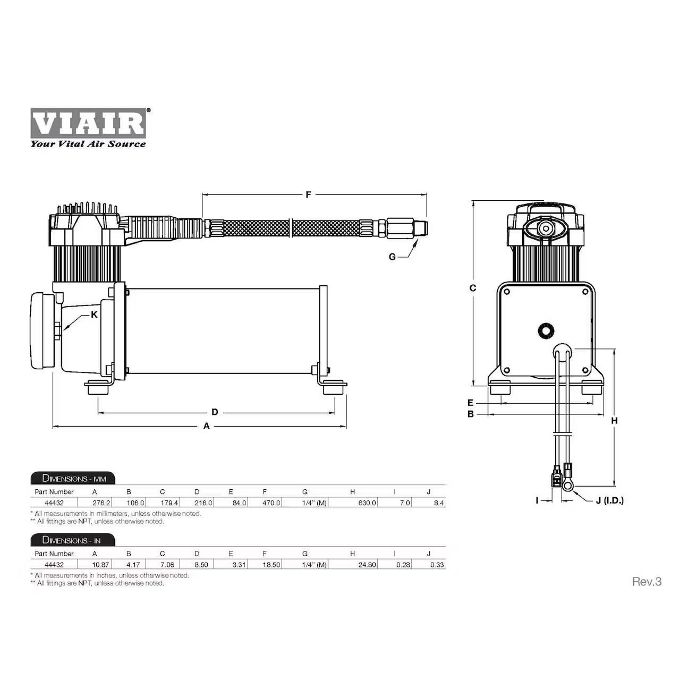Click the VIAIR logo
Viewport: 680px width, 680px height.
(x=88, y=123)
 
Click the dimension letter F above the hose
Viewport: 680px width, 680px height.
(x=308, y=195)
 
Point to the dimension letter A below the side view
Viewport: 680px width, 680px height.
(x=207, y=426)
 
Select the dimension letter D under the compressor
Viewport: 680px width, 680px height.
(x=215, y=412)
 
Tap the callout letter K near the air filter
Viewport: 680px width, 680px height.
(x=94, y=314)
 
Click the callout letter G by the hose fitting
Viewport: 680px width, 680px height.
(x=392, y=257)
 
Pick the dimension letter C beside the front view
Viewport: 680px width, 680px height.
(x=473, y=288)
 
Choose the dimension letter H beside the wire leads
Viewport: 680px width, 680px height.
(x=614, y=421)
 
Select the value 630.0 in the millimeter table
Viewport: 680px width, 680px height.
(x=367, y=503)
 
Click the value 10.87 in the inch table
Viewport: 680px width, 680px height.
(x=101, y=565)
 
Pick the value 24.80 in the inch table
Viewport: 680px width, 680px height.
(x=367, y=565)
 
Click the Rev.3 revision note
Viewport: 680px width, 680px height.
(x=647, y=582)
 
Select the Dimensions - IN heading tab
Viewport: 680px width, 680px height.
(x=72, y=540)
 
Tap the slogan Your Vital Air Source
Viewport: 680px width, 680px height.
(x=88, y=144)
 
